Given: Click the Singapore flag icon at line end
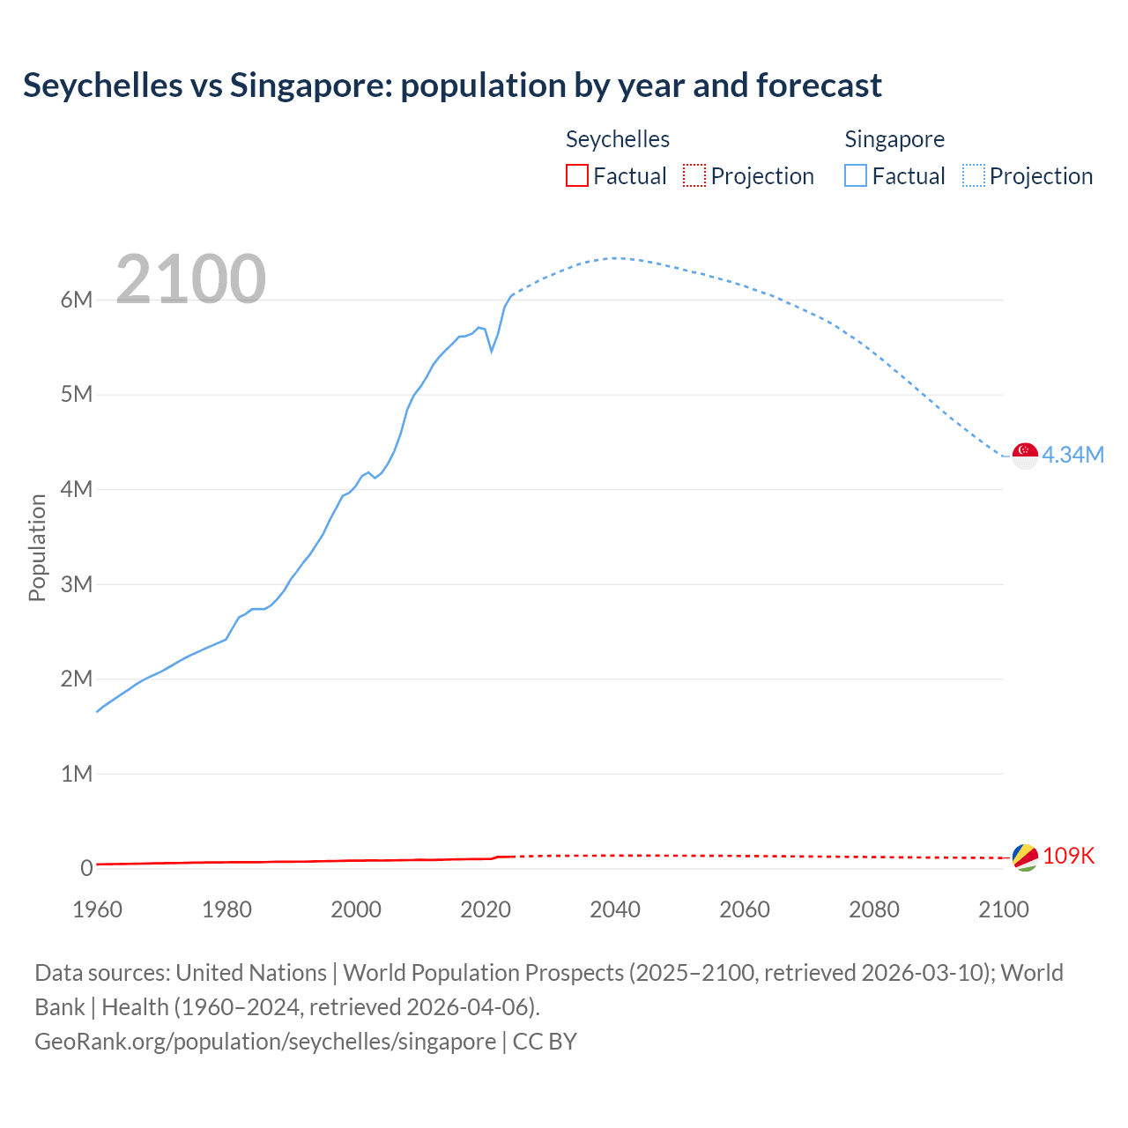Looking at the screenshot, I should [1025, 456].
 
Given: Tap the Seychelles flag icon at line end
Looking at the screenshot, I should [1025, 857].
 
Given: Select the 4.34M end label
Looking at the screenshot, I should [1072, 455].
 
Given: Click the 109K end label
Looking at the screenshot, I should [1068, 856].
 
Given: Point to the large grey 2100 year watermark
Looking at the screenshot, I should [190, 279].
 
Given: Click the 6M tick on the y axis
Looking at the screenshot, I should [77, 300].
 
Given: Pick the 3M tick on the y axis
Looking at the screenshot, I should [77, 584].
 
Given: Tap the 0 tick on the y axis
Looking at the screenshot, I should [86, 868].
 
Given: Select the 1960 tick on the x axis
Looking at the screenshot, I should [97, 909].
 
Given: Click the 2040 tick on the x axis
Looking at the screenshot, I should [615, 909].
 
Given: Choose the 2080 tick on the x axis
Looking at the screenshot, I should [874, 909].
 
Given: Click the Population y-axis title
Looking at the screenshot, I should [37, 547].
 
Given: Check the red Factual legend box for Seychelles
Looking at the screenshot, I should [577, 175].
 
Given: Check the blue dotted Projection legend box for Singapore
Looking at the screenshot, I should [973, 175].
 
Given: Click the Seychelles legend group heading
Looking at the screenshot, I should [617, 139].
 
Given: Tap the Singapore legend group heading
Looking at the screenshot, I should [894, 139].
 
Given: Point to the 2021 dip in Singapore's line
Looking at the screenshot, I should [492, 351].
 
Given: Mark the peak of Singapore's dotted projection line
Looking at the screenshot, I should [614, 258].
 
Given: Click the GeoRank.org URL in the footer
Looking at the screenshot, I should [265, 1041].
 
